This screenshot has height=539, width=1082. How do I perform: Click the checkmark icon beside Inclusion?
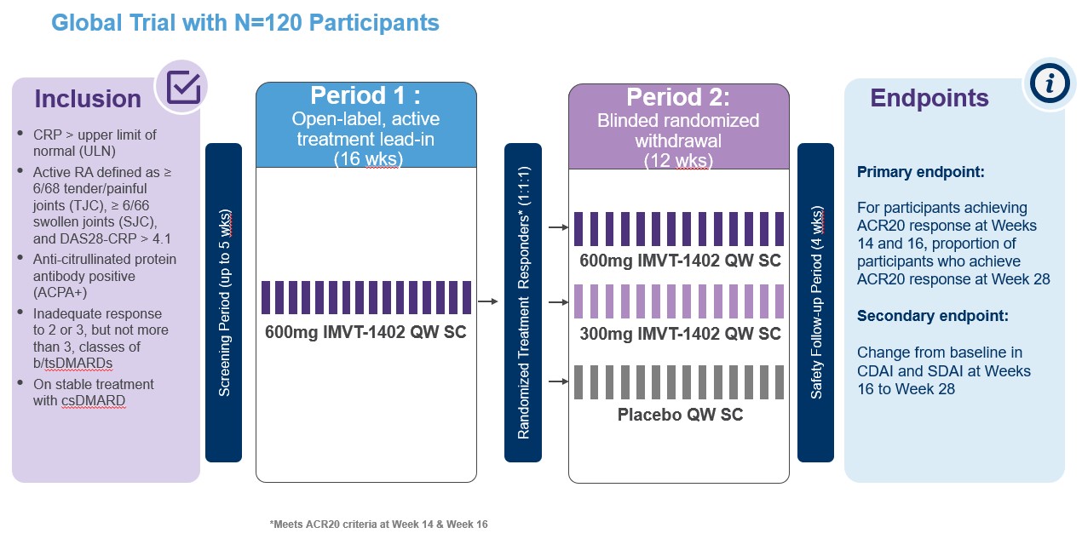(183, 88)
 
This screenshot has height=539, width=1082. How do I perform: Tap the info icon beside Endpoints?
(1049, 83)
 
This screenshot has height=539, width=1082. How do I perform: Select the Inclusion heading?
(88, 99)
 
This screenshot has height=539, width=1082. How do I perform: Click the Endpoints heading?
(929, 98)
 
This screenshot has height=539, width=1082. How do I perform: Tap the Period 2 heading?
(678, 96)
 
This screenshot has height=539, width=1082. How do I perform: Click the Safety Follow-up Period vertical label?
(815, 302)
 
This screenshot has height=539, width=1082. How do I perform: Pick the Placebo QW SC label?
(680, 415)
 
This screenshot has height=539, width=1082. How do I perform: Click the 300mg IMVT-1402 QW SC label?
(680, 334)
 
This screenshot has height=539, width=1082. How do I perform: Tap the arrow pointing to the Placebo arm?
(558, 381)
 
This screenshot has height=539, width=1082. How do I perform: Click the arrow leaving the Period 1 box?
(489, 301)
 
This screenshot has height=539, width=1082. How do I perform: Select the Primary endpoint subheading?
(920, 172)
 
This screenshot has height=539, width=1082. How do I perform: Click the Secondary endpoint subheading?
(932, 316)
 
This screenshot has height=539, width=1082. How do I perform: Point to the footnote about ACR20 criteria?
(377, 525)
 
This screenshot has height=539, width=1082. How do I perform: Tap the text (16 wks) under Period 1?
(365, 158)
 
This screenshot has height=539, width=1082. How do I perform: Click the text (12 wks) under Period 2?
(678, 158)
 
